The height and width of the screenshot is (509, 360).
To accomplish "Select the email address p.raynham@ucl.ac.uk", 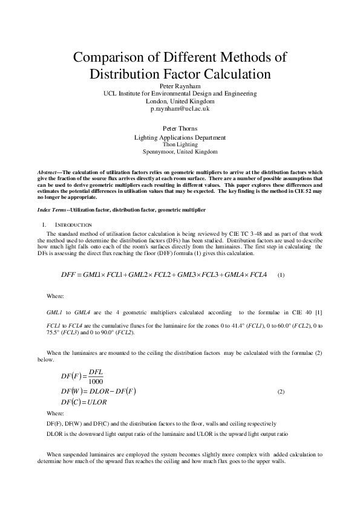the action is [180, 109].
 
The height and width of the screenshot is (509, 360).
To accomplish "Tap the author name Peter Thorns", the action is [180, 129].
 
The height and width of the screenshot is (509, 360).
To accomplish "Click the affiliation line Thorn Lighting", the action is [180, 144].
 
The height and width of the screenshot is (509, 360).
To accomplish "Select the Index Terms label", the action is [52, 209].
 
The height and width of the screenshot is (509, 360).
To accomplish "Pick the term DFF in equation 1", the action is [71, 274].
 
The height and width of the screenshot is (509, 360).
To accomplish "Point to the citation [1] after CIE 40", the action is [318, 312].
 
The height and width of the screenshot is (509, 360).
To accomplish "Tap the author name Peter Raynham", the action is [180, 86].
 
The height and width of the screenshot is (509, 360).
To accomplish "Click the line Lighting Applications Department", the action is [180, 137].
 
